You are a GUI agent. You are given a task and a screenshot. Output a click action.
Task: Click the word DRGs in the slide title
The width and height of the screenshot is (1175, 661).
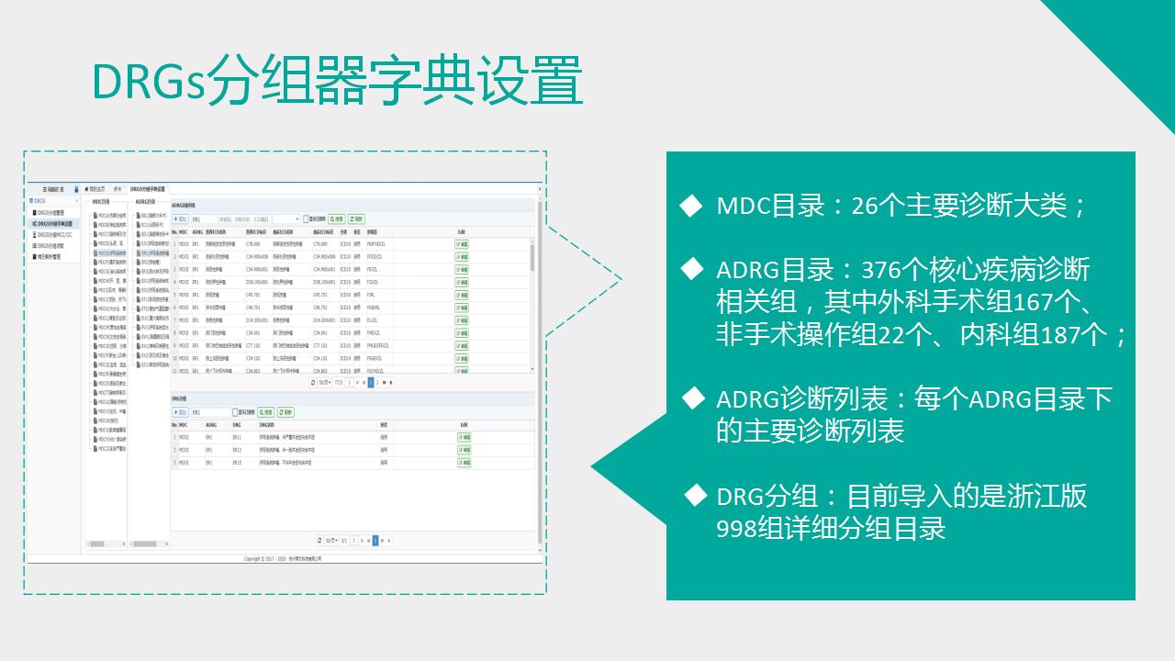tap(148, 83)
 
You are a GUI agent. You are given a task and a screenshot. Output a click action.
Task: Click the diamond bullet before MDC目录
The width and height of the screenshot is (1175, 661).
tap(690, 206)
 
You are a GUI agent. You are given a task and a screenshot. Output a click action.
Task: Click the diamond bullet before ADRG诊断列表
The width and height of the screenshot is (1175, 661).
tap(690, 398)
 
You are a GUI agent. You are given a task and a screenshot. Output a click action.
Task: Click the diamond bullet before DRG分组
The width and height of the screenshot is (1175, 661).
tap(695, 497)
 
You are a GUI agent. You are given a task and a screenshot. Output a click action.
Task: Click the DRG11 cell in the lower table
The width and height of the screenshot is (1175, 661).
tap(237, 437)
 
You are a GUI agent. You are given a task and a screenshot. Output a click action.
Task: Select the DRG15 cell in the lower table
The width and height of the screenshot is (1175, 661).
tap(237, 463)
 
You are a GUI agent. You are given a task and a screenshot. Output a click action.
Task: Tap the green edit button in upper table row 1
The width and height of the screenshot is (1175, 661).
tap(462, 244)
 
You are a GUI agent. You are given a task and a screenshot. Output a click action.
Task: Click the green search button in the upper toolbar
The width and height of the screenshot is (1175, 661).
tap(336, 219)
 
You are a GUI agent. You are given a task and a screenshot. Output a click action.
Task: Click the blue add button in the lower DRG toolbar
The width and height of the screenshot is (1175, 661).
tap(181, 412)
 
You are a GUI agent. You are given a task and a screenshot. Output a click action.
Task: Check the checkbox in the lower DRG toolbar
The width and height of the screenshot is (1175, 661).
tap(235, 412)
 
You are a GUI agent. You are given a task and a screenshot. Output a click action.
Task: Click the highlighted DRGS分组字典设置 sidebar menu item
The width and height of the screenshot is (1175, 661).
tap(55, 223)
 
